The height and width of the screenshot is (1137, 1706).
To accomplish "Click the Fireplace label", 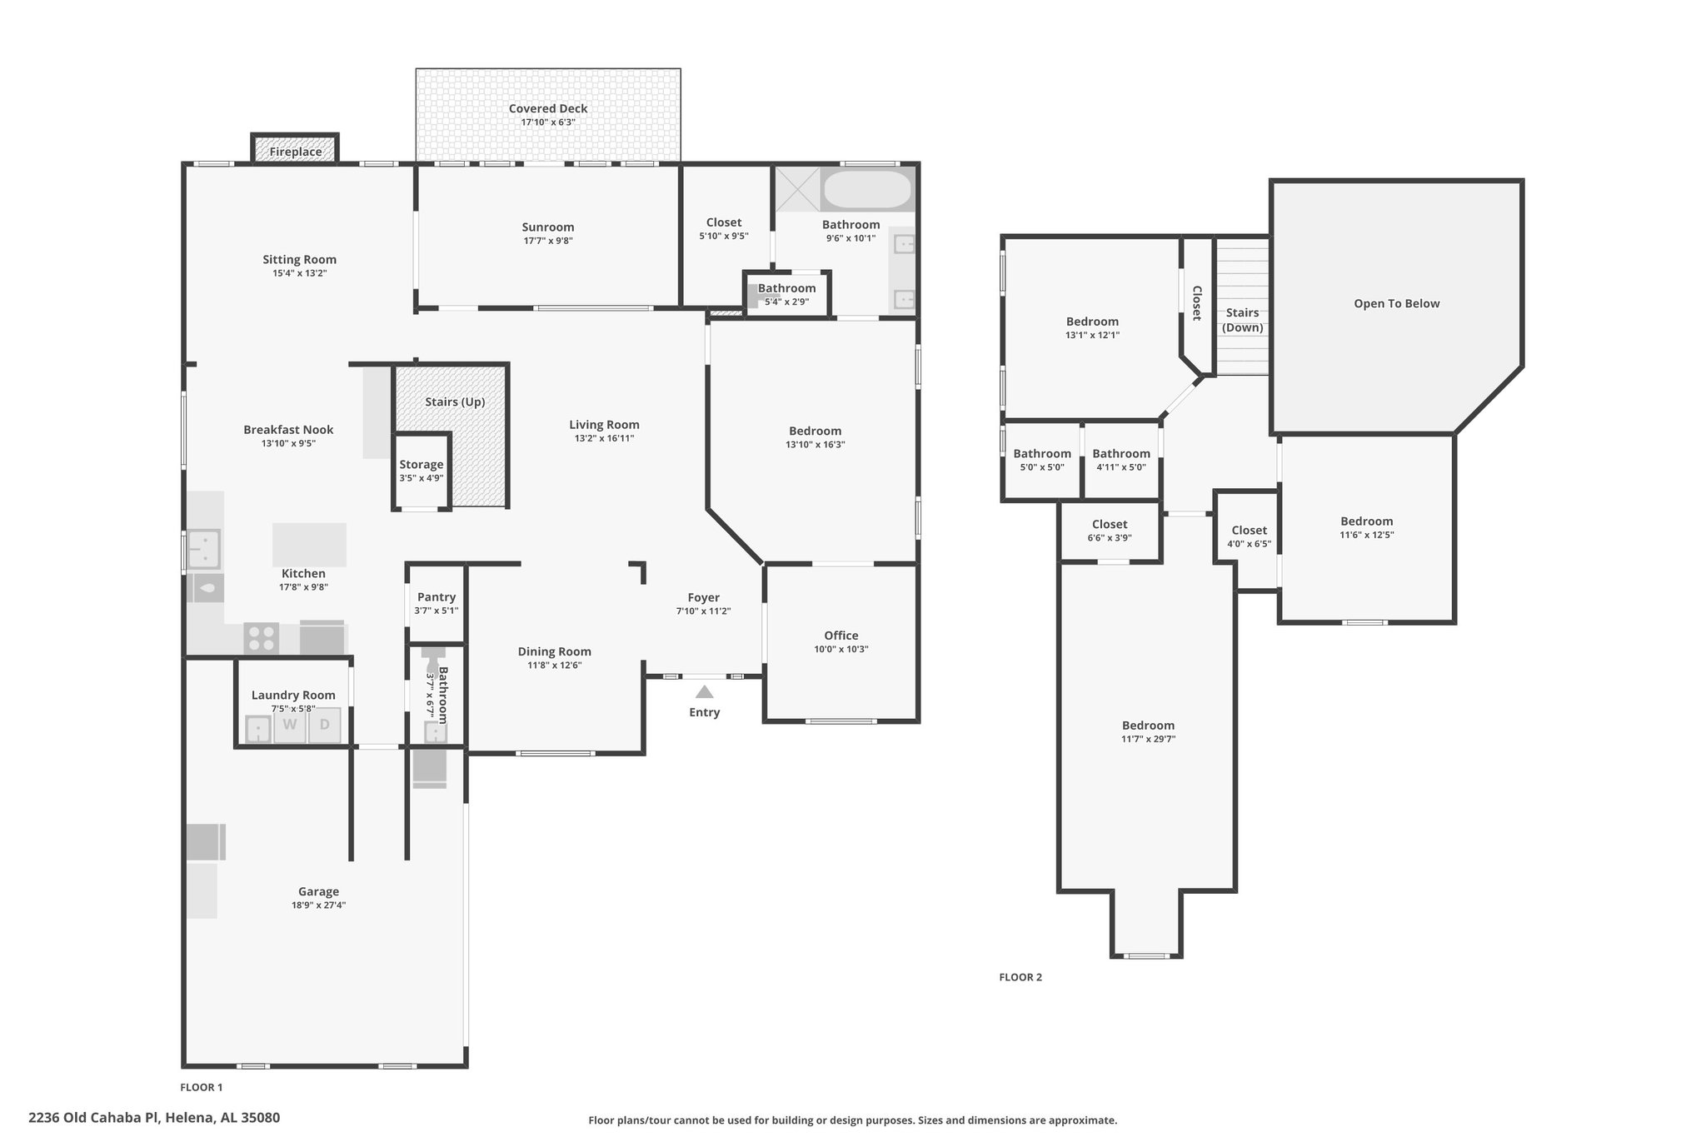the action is (x=295, y=152).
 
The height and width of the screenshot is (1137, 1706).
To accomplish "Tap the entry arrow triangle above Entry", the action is (x=704, y=691).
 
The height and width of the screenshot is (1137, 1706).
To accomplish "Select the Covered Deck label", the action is (x=548, y=108).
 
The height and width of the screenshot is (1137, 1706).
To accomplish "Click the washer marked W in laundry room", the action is (x=289, y=725).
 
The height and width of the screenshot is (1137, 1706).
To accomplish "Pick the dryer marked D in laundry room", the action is (x=325, y=725).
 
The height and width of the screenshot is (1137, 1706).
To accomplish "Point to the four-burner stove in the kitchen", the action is (x=261, y=639).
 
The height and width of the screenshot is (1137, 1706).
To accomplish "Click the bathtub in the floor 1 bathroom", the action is (x=866, y=190).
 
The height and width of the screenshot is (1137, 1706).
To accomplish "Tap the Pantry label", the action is (x=436, y=597).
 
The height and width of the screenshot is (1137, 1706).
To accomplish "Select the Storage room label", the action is (x=422, y=465).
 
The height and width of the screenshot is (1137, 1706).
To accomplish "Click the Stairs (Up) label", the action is (x=455, y=401).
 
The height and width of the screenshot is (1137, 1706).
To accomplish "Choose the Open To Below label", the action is (x=1396, y=304).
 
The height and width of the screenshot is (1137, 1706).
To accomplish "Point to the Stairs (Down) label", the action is (x=1242, y=320).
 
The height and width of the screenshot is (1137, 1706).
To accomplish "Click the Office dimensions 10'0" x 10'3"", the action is (x=841, y=650).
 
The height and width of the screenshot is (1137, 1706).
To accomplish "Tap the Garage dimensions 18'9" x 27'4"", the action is (x=319, y=905).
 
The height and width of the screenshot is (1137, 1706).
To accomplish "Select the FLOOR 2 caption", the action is (x=1020, y=977).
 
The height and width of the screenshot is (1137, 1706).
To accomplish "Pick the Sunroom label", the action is (x=548, y=227).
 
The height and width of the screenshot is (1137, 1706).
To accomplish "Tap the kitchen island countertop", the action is (x=309, y=545).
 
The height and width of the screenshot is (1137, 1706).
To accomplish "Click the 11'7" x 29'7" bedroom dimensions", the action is (x=1148, y=739).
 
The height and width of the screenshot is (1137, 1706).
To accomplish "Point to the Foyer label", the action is (x=704, y=597).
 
